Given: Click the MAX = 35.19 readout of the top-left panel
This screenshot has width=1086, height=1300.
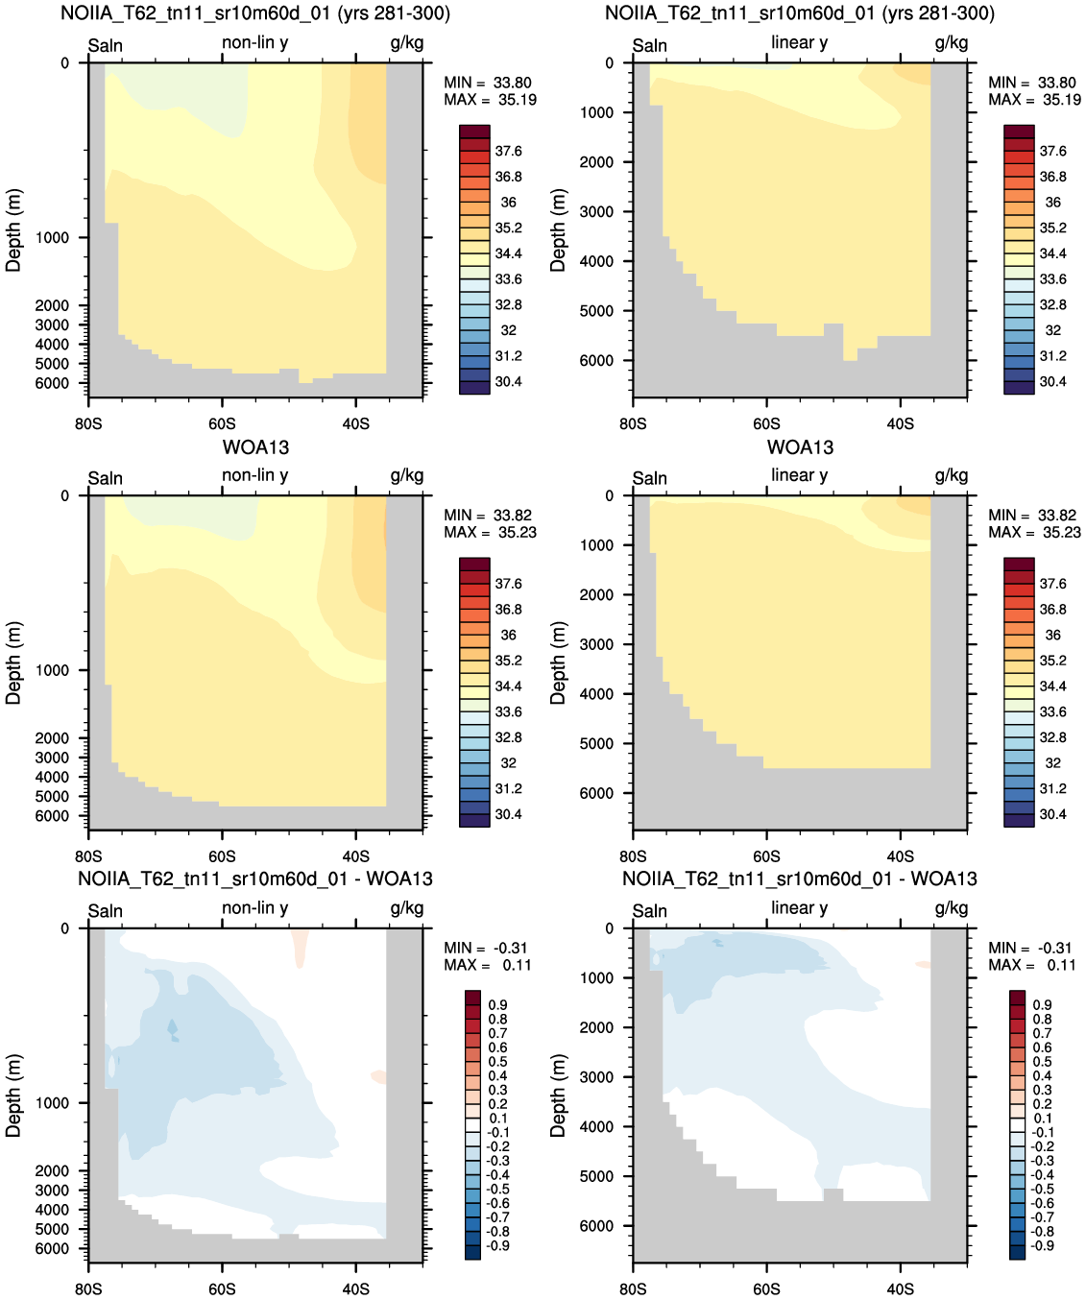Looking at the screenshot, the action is tap(490, 100).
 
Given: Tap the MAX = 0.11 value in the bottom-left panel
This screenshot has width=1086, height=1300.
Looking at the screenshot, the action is tap(487, 965).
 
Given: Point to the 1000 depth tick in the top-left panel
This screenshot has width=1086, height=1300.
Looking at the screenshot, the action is tap(52, 237).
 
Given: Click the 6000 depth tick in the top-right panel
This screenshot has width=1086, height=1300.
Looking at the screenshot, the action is tap(596, 360).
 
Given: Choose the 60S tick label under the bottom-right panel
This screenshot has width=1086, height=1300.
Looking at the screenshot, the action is tap(766, 1288).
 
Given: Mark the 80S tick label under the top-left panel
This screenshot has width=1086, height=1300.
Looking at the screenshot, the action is tap(88, 424).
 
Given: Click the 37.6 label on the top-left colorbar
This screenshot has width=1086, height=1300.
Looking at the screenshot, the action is tap(508, 152).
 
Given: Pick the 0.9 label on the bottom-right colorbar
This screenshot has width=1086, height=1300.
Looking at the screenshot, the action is tap(1043, 1005).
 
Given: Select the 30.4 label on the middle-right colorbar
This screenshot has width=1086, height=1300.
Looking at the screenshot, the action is tap(1052, 814).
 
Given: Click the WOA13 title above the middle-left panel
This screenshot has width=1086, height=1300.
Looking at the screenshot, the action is tap(255, 447).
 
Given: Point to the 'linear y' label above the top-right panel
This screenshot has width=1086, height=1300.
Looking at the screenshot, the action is tap(800, 42).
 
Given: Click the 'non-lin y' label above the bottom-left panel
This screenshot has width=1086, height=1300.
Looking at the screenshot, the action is tap(255, 907).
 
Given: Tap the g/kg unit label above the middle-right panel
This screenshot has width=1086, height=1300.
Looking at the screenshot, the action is tap(952, 476).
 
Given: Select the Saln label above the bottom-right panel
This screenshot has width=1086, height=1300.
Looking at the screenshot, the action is tap(649, 911).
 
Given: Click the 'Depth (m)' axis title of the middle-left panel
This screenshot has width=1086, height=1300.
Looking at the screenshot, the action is tap(13, 662).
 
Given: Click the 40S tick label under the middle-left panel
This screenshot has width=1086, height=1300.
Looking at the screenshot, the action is tap(355, 856).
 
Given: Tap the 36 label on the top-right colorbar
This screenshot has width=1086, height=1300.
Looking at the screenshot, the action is tap(1052, 203).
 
